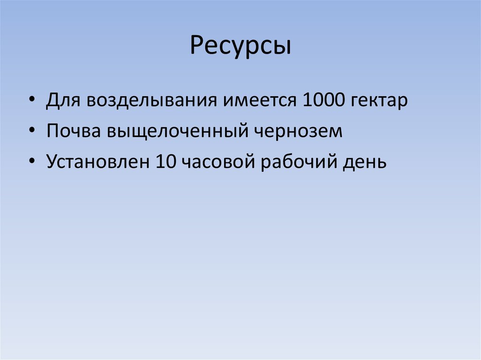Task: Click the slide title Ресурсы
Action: [x=240, y=47]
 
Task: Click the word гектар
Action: [x=378, y=102]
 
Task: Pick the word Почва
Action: [x=73, y=132]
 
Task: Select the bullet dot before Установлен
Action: [x=31, y=162]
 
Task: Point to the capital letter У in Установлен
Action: [x=52, y=162]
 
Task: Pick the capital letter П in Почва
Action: [x=53, y=132]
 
